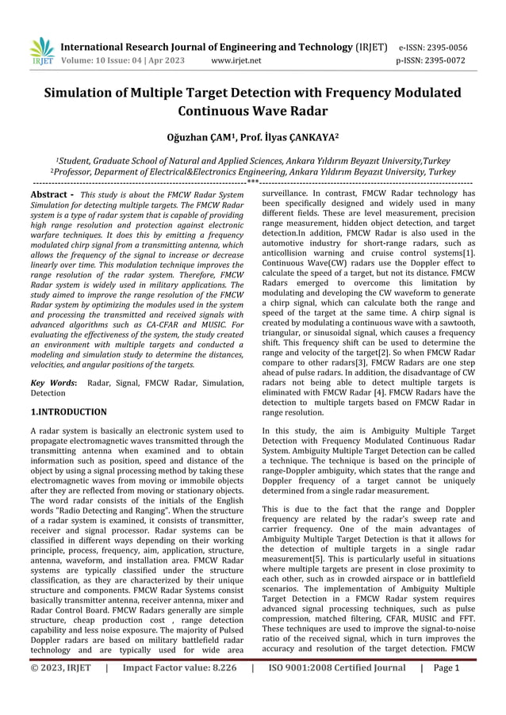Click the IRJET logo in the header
41,52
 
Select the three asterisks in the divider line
252,182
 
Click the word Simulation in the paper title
83,93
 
